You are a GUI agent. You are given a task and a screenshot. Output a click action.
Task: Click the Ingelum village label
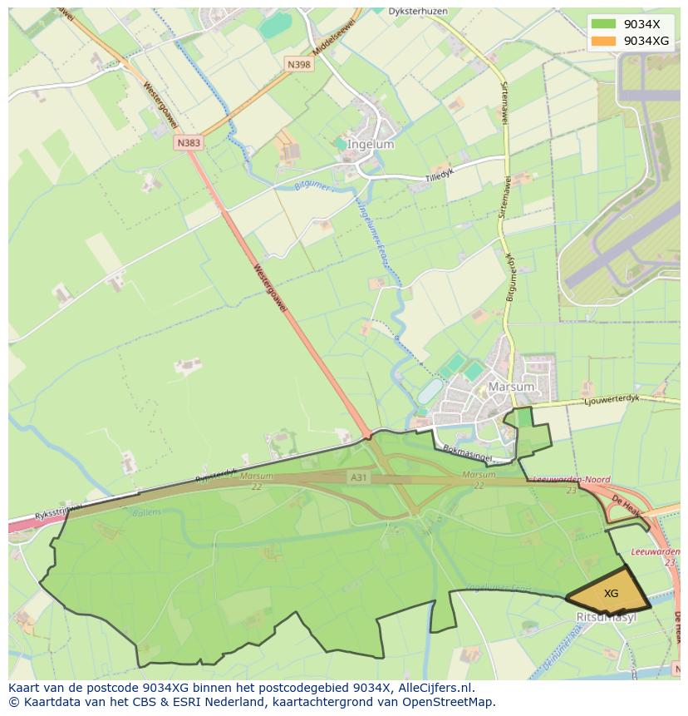(x=371, y=144)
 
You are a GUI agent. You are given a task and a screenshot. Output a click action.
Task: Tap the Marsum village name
(x=511, y=387)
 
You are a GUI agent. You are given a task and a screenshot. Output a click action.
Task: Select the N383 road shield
(x=189, y=143)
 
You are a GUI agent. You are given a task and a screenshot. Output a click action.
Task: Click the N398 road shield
(x=299, y=64)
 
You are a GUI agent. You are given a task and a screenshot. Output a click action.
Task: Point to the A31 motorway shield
(x=358, y=477)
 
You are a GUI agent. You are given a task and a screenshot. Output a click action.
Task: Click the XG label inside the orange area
(x=611, y=594)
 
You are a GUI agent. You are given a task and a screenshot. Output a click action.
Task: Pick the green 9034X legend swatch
(x=604, y=23)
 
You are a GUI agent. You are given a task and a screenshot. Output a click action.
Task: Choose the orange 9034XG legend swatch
(x=604, y=41)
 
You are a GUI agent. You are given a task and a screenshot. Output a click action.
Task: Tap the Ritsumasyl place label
(x=607, y=617)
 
